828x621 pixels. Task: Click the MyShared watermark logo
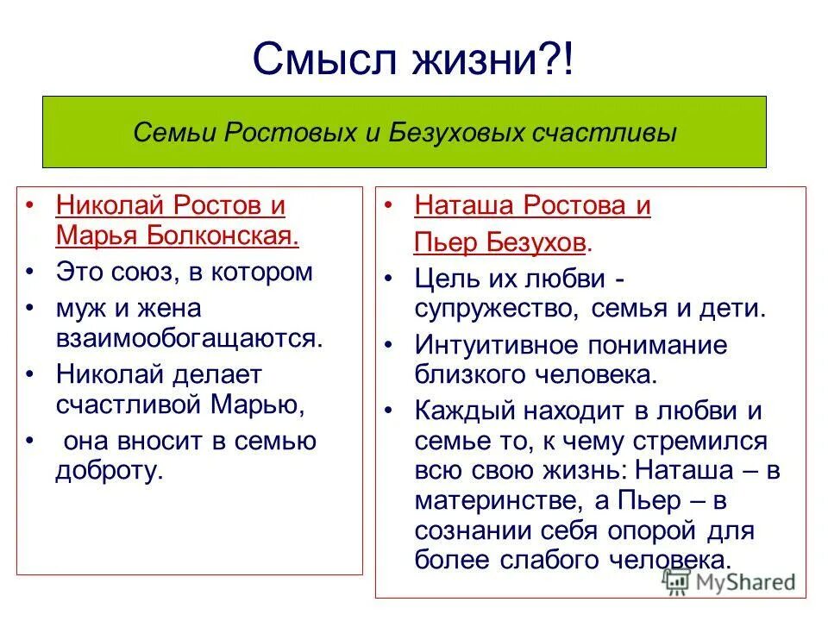pos(729,580)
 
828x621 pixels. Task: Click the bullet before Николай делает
pos(31,374)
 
